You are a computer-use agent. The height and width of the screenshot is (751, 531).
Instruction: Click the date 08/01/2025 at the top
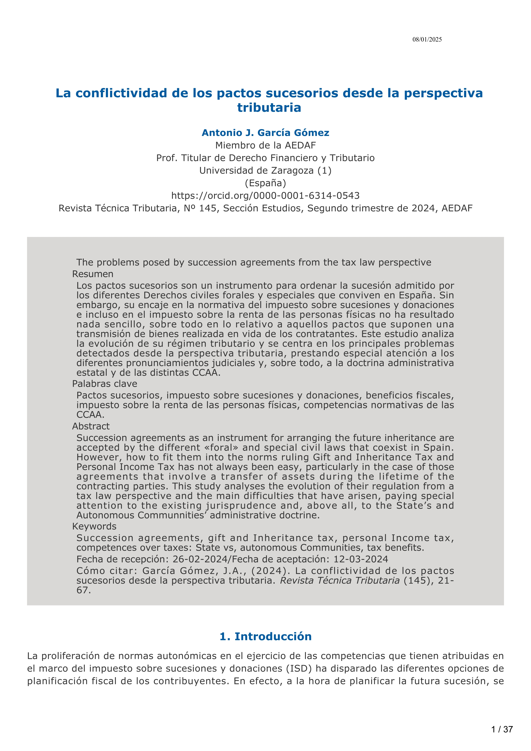[427, 40]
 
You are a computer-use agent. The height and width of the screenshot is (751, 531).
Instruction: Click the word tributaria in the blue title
[269, 108]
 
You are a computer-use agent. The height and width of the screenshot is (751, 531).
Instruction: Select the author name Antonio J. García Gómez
[265, 133]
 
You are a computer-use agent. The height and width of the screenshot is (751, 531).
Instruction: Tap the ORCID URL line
[265, 196]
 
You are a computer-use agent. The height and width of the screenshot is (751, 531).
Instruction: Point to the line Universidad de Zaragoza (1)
[265, 170]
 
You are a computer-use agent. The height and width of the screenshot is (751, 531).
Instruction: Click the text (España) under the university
[265, 183]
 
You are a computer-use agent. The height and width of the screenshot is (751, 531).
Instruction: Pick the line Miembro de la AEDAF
[265, 145]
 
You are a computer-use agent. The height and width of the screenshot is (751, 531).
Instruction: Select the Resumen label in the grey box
[93, 274]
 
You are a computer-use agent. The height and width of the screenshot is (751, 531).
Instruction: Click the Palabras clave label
[105, 384]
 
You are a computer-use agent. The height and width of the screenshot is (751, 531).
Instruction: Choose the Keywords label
[94, 526]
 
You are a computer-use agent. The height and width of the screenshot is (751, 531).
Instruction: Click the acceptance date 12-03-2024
[360, 559]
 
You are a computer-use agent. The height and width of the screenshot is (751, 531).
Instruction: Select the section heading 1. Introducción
[265, 636]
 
